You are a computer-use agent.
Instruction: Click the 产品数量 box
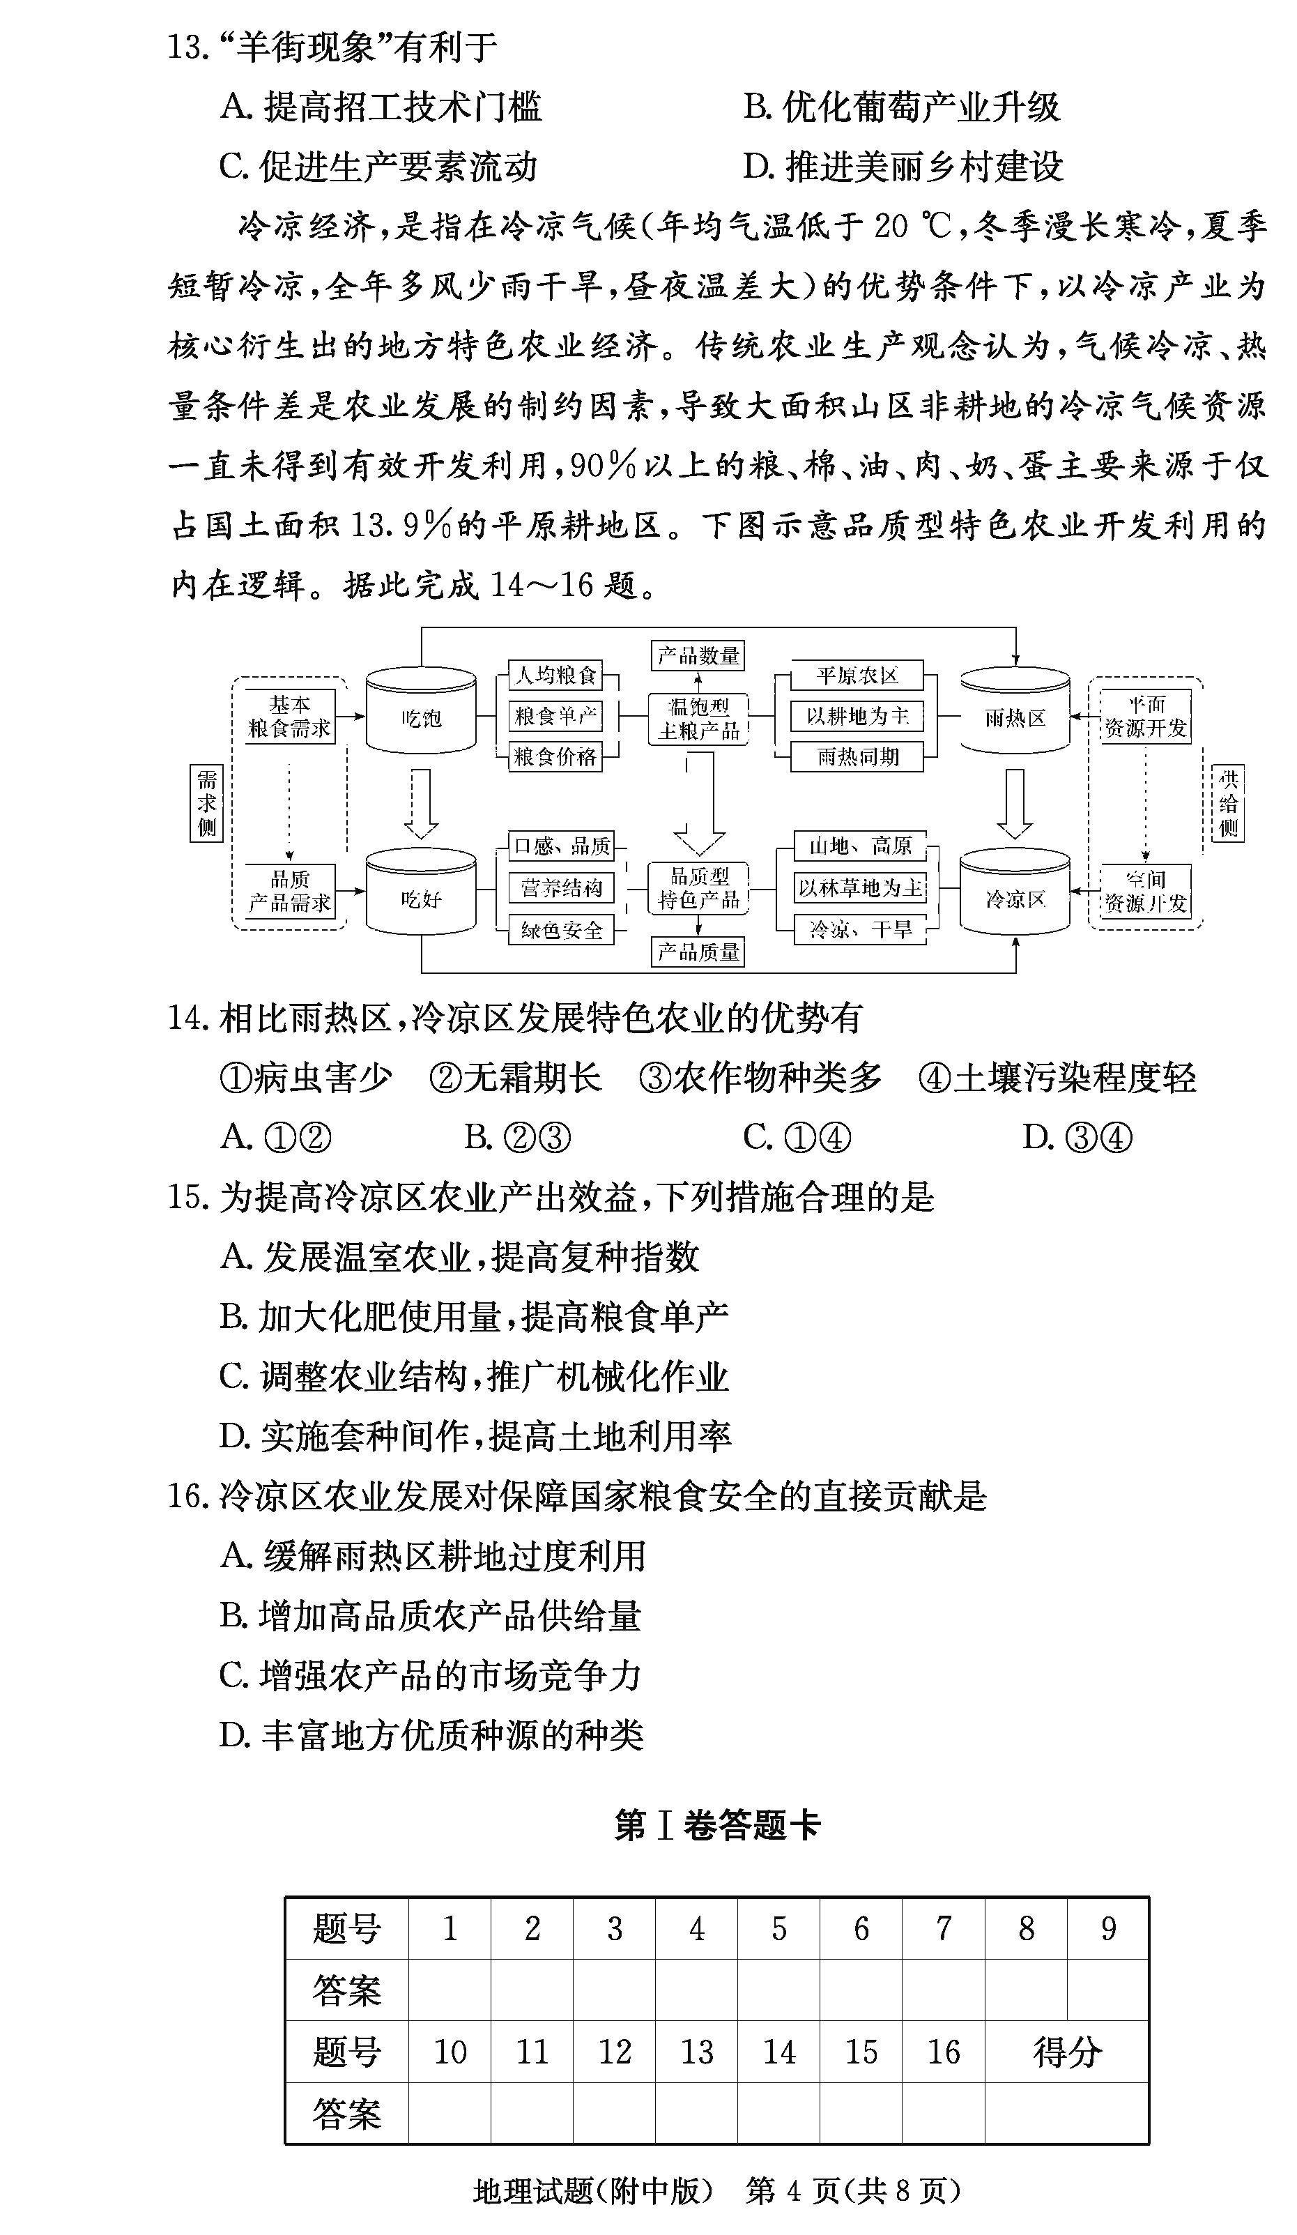698,655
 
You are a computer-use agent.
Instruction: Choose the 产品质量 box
698,952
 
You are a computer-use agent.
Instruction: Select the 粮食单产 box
555,715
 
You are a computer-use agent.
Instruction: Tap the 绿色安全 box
561,929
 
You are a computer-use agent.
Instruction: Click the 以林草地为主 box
859,887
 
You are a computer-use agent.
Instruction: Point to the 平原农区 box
857,676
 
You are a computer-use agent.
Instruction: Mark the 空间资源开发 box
1144,892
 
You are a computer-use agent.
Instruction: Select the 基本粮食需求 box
289,716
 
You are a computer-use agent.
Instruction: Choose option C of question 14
795,1136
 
